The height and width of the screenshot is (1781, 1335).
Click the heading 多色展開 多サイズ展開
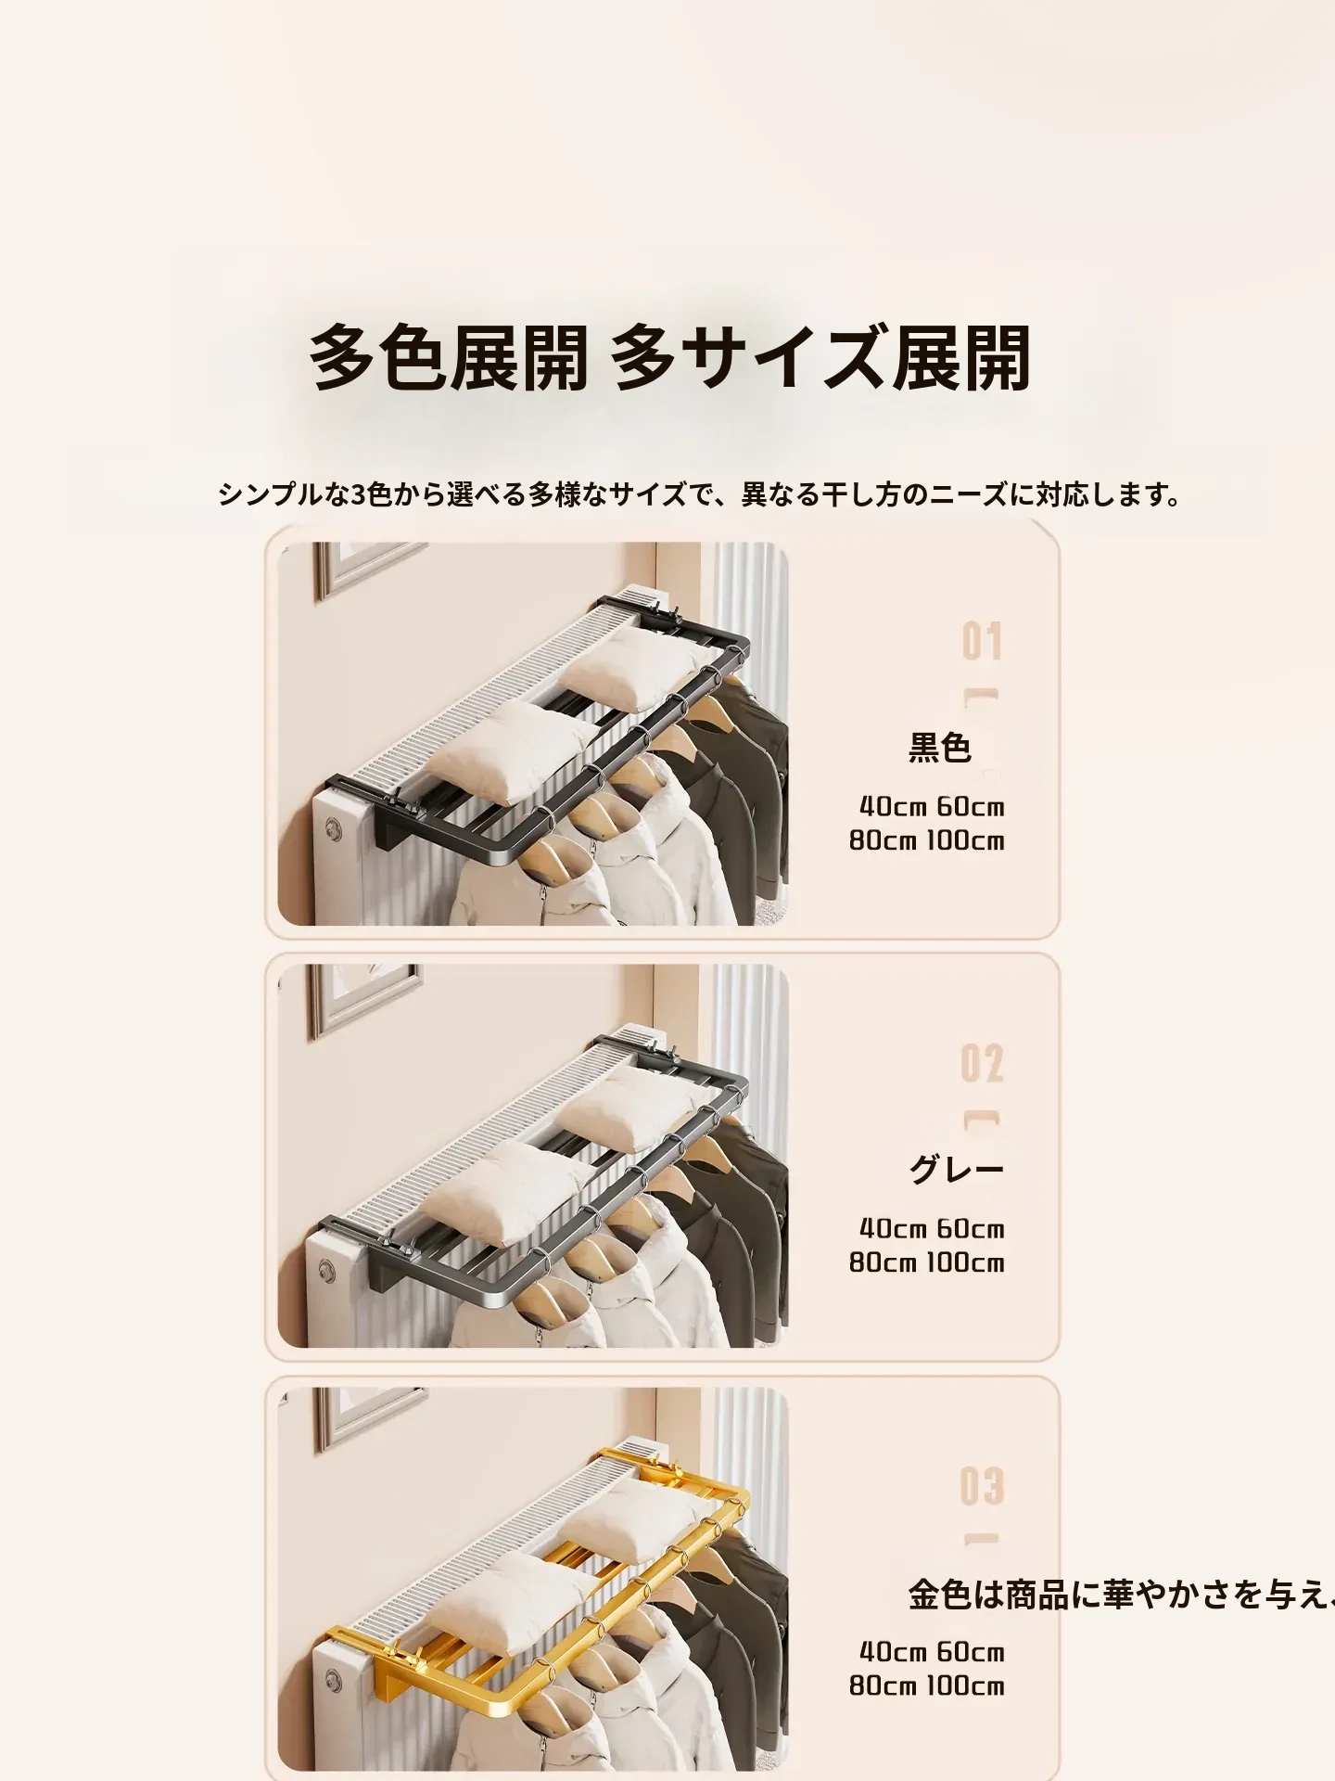coord(669,358)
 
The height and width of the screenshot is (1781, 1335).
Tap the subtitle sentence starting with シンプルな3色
coord(701,494)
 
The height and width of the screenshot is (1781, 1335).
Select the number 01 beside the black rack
coord(982,642)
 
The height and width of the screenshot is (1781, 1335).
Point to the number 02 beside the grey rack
coord(982,1063)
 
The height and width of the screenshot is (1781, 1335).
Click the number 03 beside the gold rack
coord(982,1485)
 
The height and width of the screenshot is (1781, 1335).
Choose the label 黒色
coord(939,748)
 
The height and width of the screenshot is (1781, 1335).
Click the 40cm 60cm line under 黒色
coord(932,806)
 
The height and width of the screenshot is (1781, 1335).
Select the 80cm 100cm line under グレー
coord(927,1262)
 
